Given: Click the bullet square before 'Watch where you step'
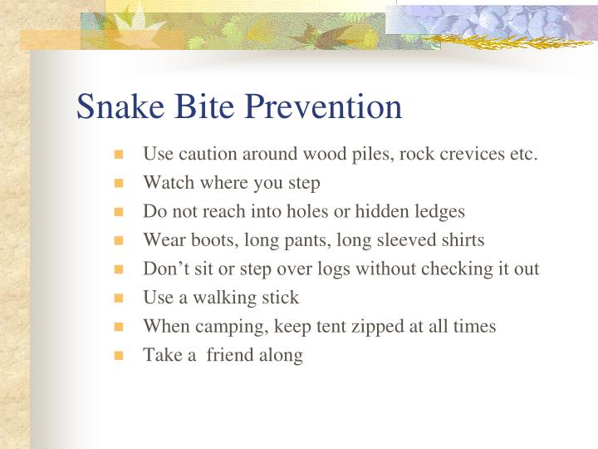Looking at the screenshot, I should (119, 184).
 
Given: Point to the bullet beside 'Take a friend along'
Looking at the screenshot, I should (119, 356).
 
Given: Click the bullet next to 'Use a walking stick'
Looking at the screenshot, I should (119, 299).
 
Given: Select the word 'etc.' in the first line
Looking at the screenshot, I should (522, 155).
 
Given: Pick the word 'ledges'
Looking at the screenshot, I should (439, 212).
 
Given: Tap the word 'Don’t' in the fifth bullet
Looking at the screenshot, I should (164, 269).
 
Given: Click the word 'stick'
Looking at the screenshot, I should (282, 298).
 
